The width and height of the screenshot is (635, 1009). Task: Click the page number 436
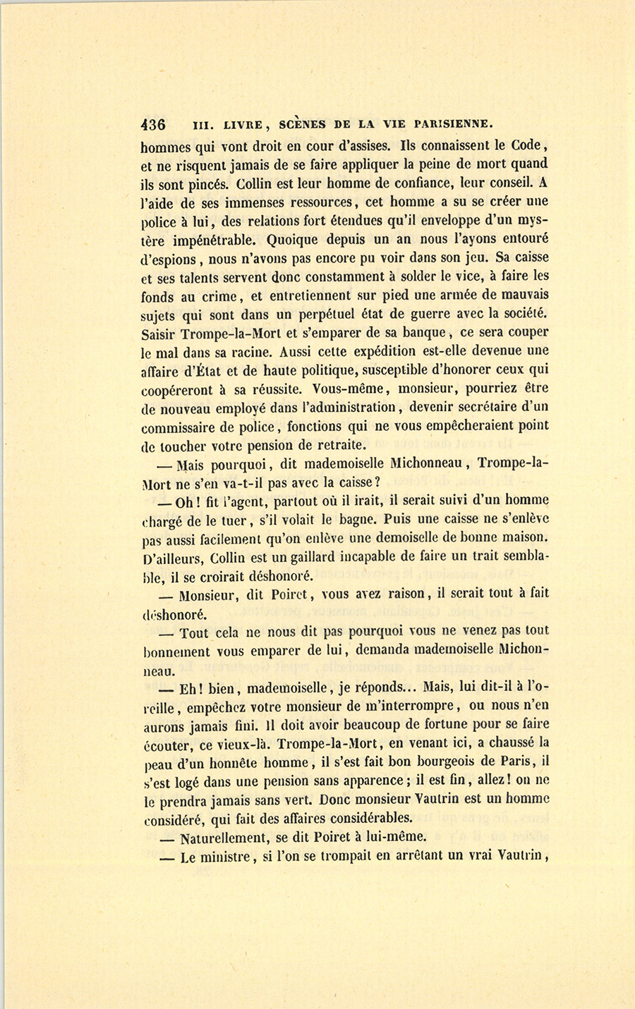coord(153,124)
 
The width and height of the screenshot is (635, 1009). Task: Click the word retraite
coord(339,444)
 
